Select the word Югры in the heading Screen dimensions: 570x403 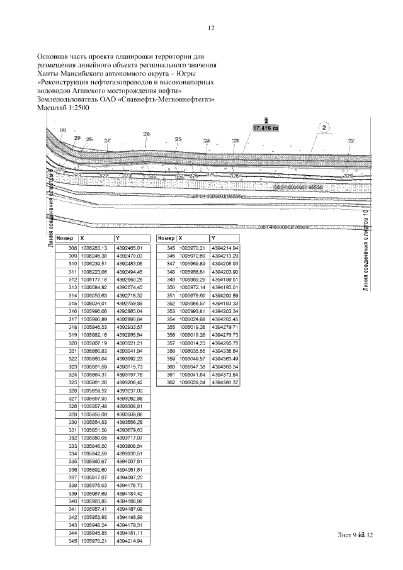pos(203,74)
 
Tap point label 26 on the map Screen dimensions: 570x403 pos(147,135)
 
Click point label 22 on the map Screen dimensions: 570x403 pos(351,140)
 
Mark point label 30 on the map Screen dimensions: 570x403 pos(63,131)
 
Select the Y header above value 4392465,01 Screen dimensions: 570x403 pos(117,239)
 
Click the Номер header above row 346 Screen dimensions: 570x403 pos(166,239)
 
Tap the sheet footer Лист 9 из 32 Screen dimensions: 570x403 pos(356,535)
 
